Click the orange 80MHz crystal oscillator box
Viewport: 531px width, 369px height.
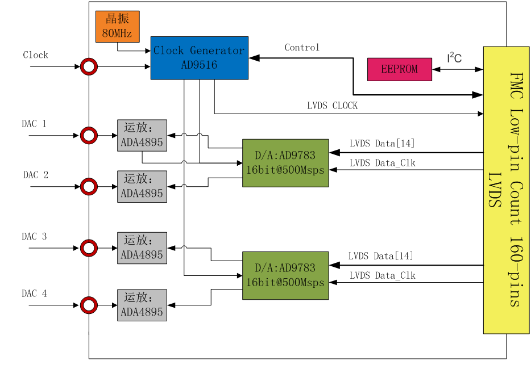point(117,26)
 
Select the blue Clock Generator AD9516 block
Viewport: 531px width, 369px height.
point(199,58)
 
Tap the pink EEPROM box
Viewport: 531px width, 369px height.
point(399,69)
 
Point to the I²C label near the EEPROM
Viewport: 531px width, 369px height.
point(454,57)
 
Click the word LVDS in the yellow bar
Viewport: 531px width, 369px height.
point(494,190)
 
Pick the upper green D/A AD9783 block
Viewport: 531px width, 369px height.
point(285,163)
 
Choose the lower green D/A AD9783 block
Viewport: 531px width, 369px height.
point(285,275)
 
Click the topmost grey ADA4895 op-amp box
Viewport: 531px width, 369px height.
point(142,135)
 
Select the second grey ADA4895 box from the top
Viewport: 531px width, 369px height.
point(142,186)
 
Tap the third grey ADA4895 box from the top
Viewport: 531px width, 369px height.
point(142,248)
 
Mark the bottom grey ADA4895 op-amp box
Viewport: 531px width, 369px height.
point(142,305)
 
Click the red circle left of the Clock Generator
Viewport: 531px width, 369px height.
point(89,66)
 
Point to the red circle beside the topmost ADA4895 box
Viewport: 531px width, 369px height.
point(89,135)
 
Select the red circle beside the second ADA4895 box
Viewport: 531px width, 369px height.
point(89,186)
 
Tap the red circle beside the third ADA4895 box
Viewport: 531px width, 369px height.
point(89,248)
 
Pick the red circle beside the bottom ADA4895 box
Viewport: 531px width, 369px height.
point(89,305)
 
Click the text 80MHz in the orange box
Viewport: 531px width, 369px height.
point(117,33)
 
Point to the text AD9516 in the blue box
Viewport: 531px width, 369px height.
point(199,65)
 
